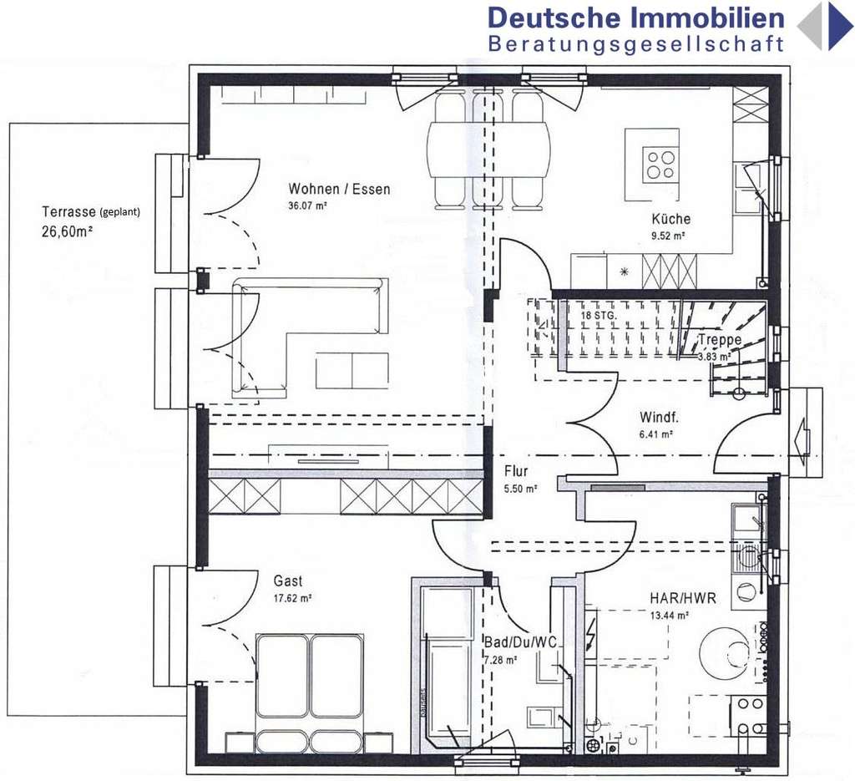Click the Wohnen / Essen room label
339,189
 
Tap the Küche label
671,219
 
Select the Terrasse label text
68,211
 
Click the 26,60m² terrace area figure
66,232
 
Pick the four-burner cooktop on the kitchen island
660,164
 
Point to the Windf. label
658,417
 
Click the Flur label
516,471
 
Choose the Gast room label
288,581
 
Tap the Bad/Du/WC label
520,642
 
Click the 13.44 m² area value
669,616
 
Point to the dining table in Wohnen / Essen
488,150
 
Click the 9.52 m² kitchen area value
668,236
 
